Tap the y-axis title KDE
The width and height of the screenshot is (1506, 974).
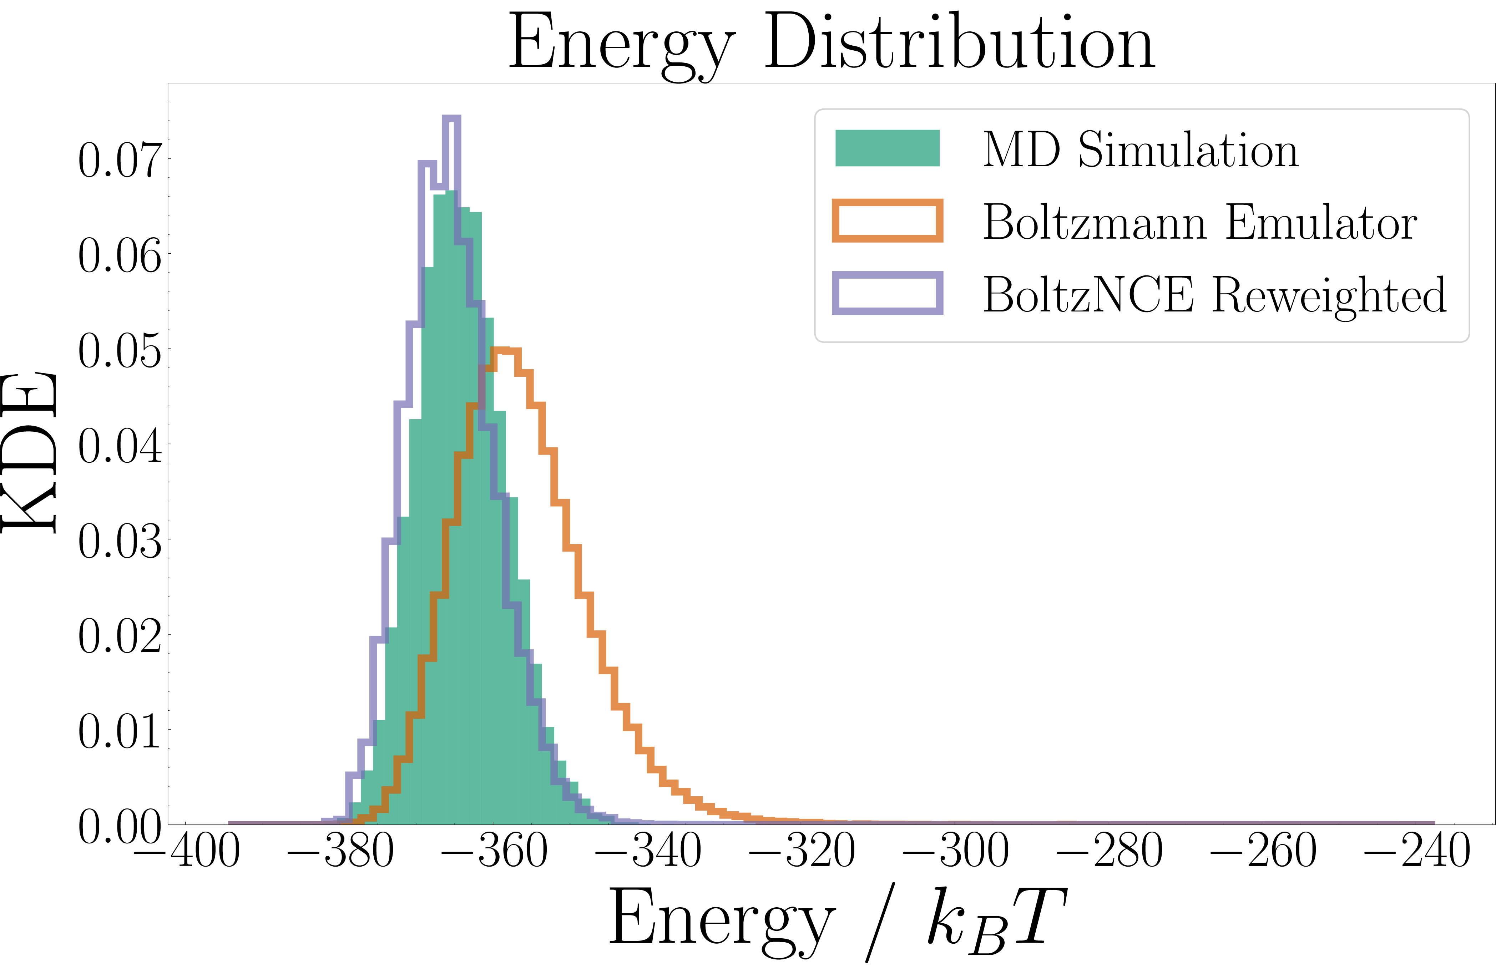pyautogui.click(x=30, y=452)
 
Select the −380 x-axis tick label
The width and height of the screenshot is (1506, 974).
pyautogui.click(x=340, y=851)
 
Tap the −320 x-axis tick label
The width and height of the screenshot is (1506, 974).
pyautogui.click(x=802, y=851)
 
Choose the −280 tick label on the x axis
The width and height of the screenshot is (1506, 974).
pyautogui.click(x=1110, y=851)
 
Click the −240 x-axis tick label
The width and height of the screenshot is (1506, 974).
pyautogui.click(x=1417, y=851)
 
